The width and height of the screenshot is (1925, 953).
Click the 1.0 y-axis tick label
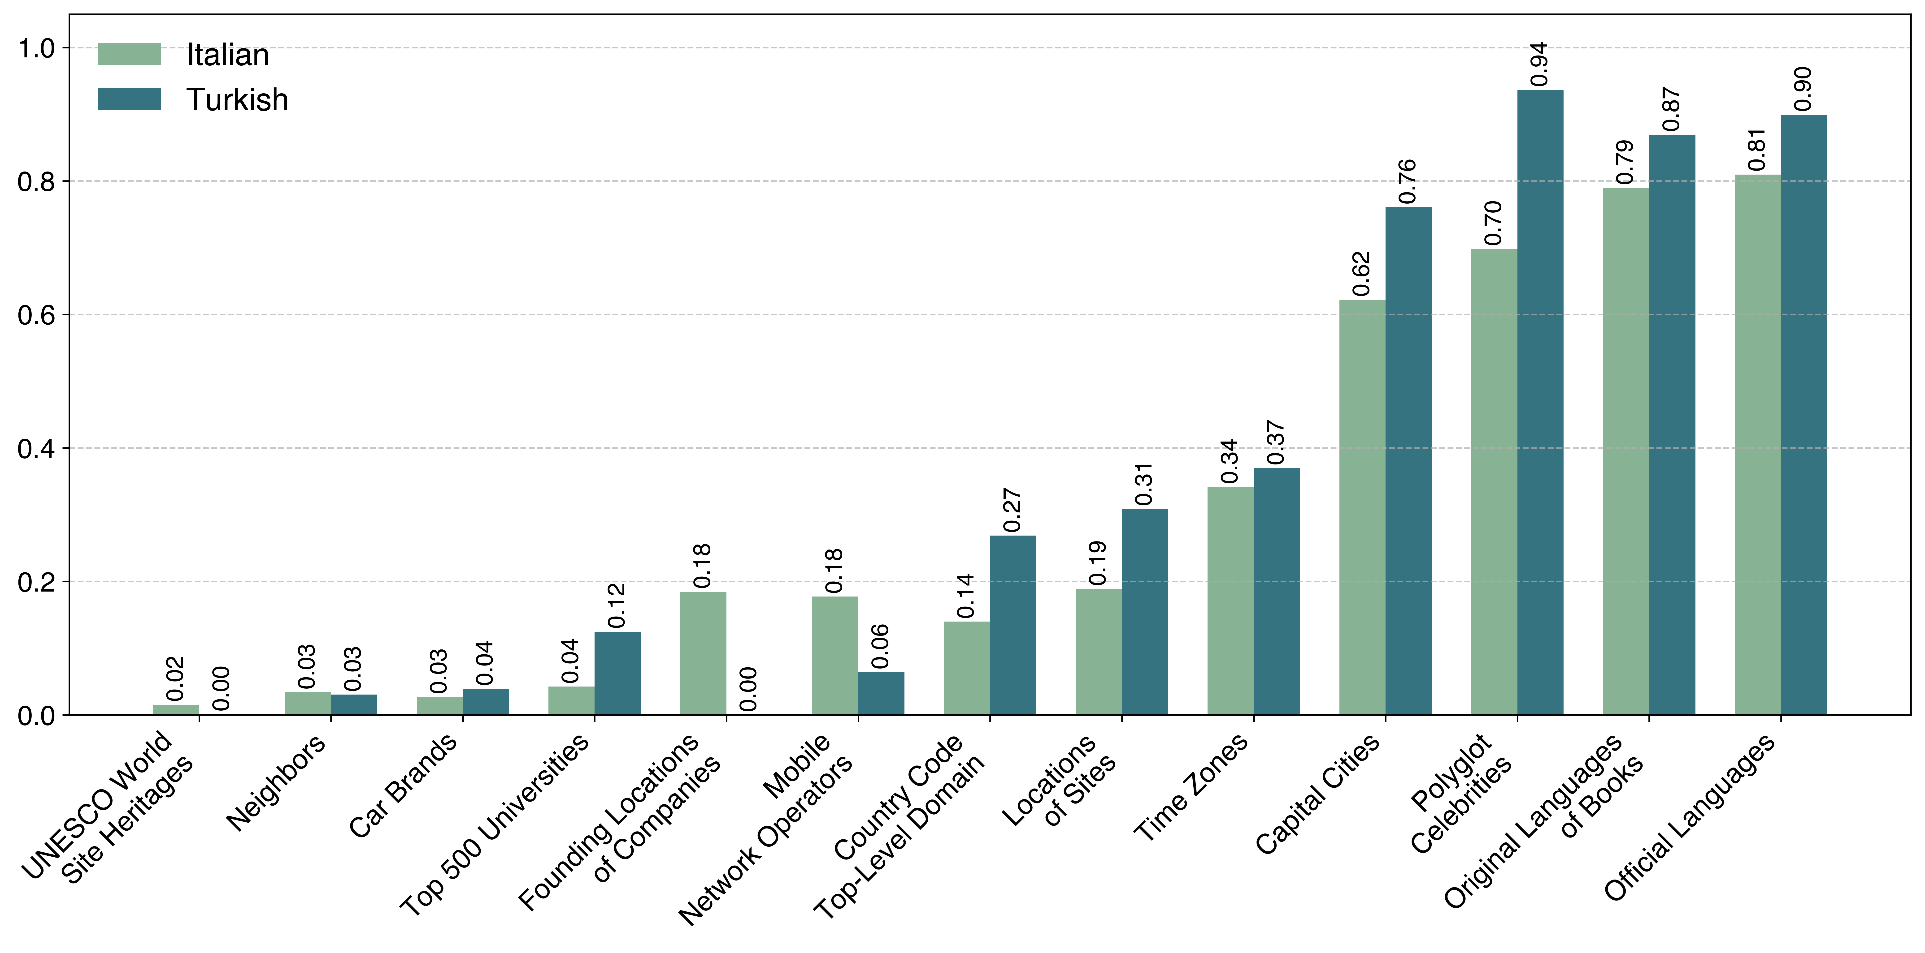36,48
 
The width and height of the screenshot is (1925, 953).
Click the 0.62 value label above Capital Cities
1362,274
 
